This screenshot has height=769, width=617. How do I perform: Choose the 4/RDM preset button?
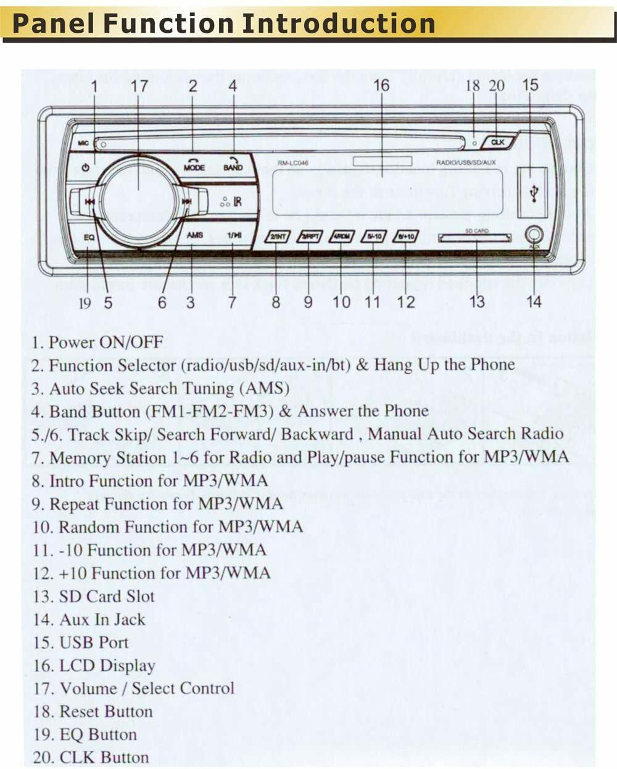341,237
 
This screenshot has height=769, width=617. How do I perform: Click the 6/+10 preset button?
405,237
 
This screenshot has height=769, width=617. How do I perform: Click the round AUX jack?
534,235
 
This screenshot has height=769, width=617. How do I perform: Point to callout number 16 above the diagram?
381,85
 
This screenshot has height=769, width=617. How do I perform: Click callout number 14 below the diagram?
534,301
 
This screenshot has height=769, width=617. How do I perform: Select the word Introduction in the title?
339,23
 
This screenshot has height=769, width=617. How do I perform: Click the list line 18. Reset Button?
93,712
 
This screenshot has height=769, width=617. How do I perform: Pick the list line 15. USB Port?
81,642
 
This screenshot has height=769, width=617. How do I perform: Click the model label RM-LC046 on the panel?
292,163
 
